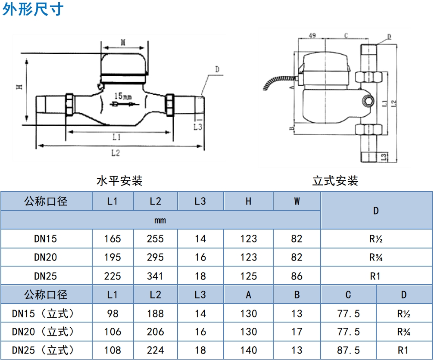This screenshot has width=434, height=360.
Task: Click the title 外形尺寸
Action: pyautogui.click(x=33, y=9)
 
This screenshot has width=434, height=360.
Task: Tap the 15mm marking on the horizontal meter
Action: pyautogui.click(x=123, y=96)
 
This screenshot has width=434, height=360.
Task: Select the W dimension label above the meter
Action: pyautogui.click(x=123, y=42)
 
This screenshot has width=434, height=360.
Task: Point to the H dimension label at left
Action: pyautogui.click(x=20, y=87)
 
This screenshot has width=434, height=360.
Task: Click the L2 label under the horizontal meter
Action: pyautogui.click(x=116, y=152)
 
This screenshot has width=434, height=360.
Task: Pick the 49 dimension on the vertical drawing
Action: pyautogui.click(x=312, y=36)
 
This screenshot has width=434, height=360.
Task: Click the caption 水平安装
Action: pyautogui.click(x=119, y=181)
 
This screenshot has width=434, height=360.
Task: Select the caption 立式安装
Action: pyautogui.click(x=335, y=181)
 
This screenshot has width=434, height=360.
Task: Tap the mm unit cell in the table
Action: pyautogui.click(x=160, y=220)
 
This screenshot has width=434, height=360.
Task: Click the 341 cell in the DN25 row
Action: pyautogui.click(x=155, y=276)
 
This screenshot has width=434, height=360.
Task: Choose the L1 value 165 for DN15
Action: pyautogui.click(x=112, y=239)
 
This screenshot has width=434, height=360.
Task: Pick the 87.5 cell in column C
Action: pyautogui.click(x=348, y=351)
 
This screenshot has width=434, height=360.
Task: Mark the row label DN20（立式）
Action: pyautogui.click(x=43, y=332)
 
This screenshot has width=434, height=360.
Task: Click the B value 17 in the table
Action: pyautogui.click(x=297, y=332)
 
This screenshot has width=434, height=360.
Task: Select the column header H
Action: pyautogui.click(x=248, y=201)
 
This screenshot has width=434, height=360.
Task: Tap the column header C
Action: pyautogui.click(x=348, y=295)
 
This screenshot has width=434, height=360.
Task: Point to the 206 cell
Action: pyautogui.click(x=155, y=332)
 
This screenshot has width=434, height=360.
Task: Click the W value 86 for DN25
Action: pyautogui.click(x=297, y=276)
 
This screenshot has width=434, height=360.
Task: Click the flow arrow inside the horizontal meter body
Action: pyautogui.click(x=124, y=104)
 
